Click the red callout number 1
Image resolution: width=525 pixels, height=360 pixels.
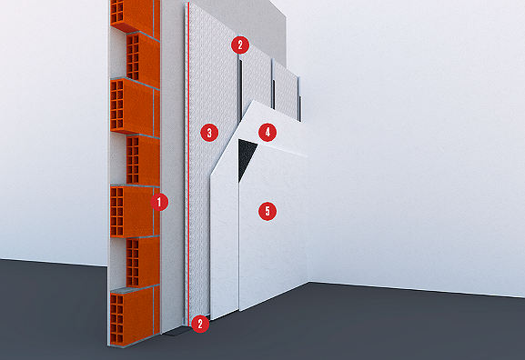(x=159, y=202)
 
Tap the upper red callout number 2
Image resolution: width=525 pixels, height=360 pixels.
(x=239, y=44)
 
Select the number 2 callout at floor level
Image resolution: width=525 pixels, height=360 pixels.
(x=201, y=322)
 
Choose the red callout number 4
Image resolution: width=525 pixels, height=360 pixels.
(x=267, y=132)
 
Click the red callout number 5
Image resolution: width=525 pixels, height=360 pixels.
(x=267, y=211)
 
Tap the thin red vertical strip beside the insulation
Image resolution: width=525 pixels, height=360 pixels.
(x=187, y=182)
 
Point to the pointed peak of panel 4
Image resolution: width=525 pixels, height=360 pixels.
(x=257, y=101)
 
